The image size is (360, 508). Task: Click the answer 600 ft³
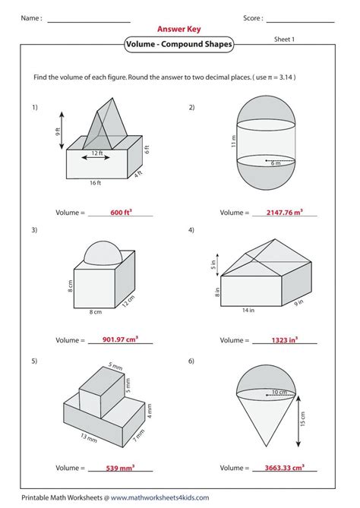(122, 212)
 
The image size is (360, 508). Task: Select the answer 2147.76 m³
(285, 212)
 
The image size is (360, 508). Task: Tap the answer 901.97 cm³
(120, 339)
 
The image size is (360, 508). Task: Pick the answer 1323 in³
(285, 340)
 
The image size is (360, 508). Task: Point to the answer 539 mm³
(120, 468)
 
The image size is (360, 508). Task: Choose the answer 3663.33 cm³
(285, 468)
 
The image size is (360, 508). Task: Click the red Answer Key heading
(179, 29)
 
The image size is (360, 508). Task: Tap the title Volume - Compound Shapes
(179, 44)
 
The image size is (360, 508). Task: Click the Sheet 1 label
(284, 39)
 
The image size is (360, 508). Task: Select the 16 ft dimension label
(95, 183)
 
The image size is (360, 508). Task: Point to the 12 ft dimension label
(97, 153)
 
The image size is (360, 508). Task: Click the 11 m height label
(234, 141)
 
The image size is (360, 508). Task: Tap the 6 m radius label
(276, 163)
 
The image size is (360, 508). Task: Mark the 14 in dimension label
(248, 311)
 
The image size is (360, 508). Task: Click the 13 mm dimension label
(89, 437)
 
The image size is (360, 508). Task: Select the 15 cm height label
(303, 419)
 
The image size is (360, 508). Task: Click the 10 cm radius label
(279, 392)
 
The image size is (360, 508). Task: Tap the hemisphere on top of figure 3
(103, 254)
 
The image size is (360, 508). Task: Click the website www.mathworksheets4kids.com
(159, 497)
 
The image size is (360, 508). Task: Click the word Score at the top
(252, 18)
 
